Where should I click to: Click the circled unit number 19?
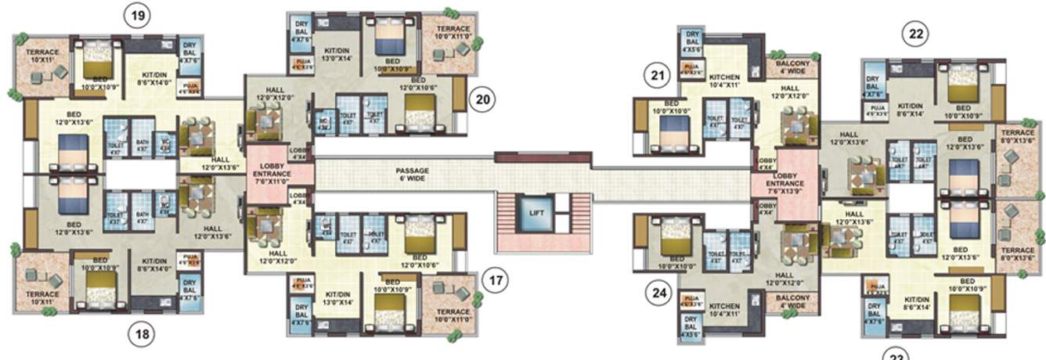tap(138, 16)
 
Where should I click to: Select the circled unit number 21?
tap(657, 75)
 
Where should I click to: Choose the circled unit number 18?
tap(141, 334)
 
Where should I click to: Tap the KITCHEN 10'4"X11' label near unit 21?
tap(724, 83)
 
